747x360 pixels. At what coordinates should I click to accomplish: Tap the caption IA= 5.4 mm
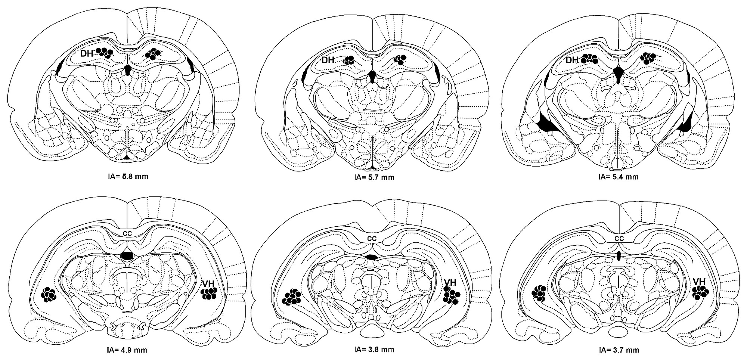[x=619, y=176]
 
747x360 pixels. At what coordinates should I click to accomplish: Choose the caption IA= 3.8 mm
[x=374, y=350]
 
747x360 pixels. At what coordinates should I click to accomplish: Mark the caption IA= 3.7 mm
[x=619, y=350]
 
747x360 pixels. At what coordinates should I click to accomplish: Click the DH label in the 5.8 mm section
[x=87, y=54]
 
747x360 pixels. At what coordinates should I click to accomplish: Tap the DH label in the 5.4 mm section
[x=572, y=60]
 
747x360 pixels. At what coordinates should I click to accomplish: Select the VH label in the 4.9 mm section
[x=208, y=283]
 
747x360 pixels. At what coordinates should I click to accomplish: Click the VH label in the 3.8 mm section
[x=450, y=283]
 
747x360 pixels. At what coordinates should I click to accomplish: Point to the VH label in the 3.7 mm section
[x=699, y=281]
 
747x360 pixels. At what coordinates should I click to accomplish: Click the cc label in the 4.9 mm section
[x=127, y=233]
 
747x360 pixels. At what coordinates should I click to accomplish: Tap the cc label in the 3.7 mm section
[x=619, y=238]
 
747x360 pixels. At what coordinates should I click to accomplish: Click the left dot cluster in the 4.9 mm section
[x=49, y=294]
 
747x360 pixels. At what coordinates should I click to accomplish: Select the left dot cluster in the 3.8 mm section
[x=292, y=297]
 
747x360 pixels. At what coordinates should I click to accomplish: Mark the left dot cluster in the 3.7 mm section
[x=539, y=293]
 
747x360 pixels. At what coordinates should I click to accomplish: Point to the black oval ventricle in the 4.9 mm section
[x=127, y=256]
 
